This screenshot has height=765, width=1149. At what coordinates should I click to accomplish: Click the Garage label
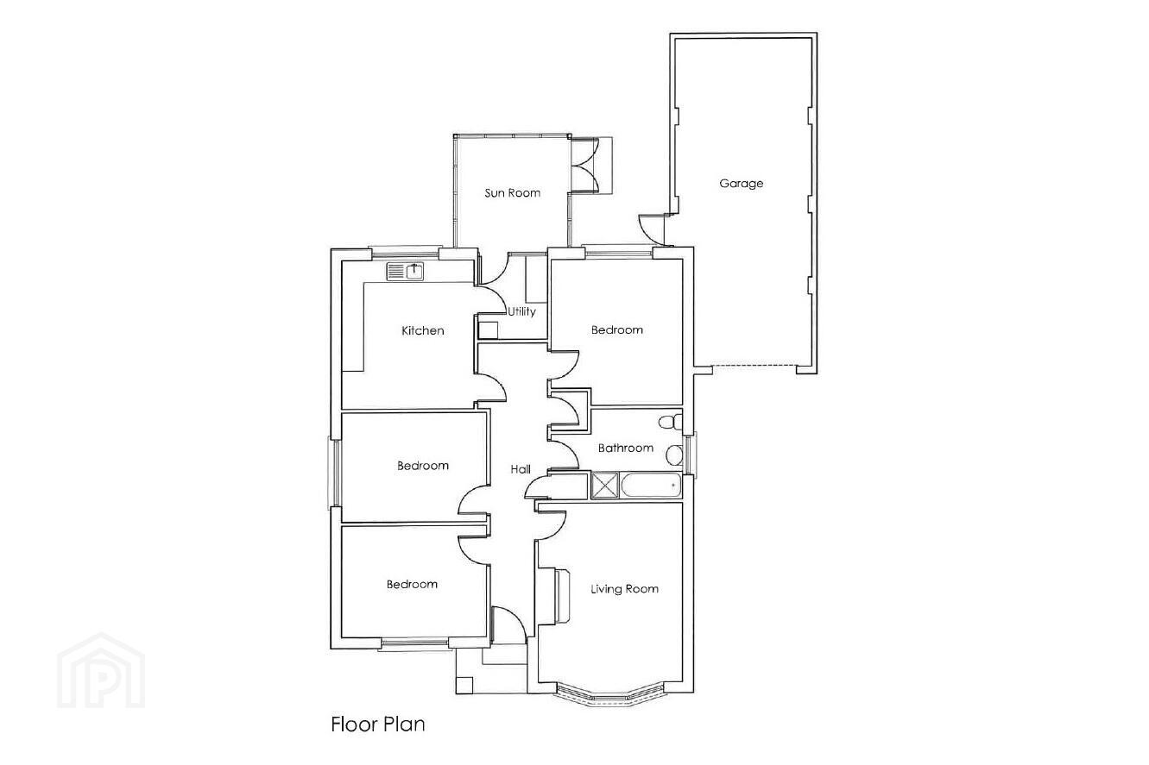pyautogui.click(x=742, y=184)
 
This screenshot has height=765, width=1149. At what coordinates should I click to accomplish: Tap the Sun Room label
pyautogui.click(x=513, y=193)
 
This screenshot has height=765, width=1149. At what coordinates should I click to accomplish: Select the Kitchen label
pyautogui.click(x=423, y=330)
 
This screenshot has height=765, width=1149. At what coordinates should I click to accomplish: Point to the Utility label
pyautogui.click(x=521, y=311)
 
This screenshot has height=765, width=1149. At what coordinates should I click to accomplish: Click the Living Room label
pyautogui.click(x=624, y=589)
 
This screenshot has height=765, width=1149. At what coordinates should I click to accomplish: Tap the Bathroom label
pyautogui.click(x=626, y=448)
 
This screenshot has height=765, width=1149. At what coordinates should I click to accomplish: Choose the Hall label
pyautogui.click(x=521, y=469)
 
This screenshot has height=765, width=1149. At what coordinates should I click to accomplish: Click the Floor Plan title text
pyautogui.click(x=378, y=724)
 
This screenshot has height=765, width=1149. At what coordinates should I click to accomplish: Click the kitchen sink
pyautogui.click(x=405, y=271)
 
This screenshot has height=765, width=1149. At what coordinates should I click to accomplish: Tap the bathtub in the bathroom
pyautogui.click(x=651, y=485)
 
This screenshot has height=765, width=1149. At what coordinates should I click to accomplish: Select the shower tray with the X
pyautogui.click(x=605, y=486)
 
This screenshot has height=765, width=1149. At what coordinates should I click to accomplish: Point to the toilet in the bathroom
pyautogui.click(x=671, y=423)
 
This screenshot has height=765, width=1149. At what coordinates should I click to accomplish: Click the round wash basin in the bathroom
pyautogui.click(x=674, y=455)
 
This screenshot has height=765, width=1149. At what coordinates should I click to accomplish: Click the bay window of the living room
pyautogui.click(x=609, y=695)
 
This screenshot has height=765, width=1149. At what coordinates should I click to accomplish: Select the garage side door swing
pyautogui.click(x=652, y=229)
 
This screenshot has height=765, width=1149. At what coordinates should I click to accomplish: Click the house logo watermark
pyautogui.click(x=101, y=670)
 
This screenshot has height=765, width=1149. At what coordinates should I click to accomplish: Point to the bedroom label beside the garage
pyautogui.click(x=617, y=330)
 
